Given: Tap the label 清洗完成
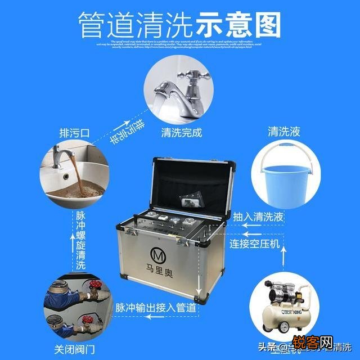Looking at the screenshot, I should pos(181,133).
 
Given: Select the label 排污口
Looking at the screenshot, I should pos(75,133).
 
